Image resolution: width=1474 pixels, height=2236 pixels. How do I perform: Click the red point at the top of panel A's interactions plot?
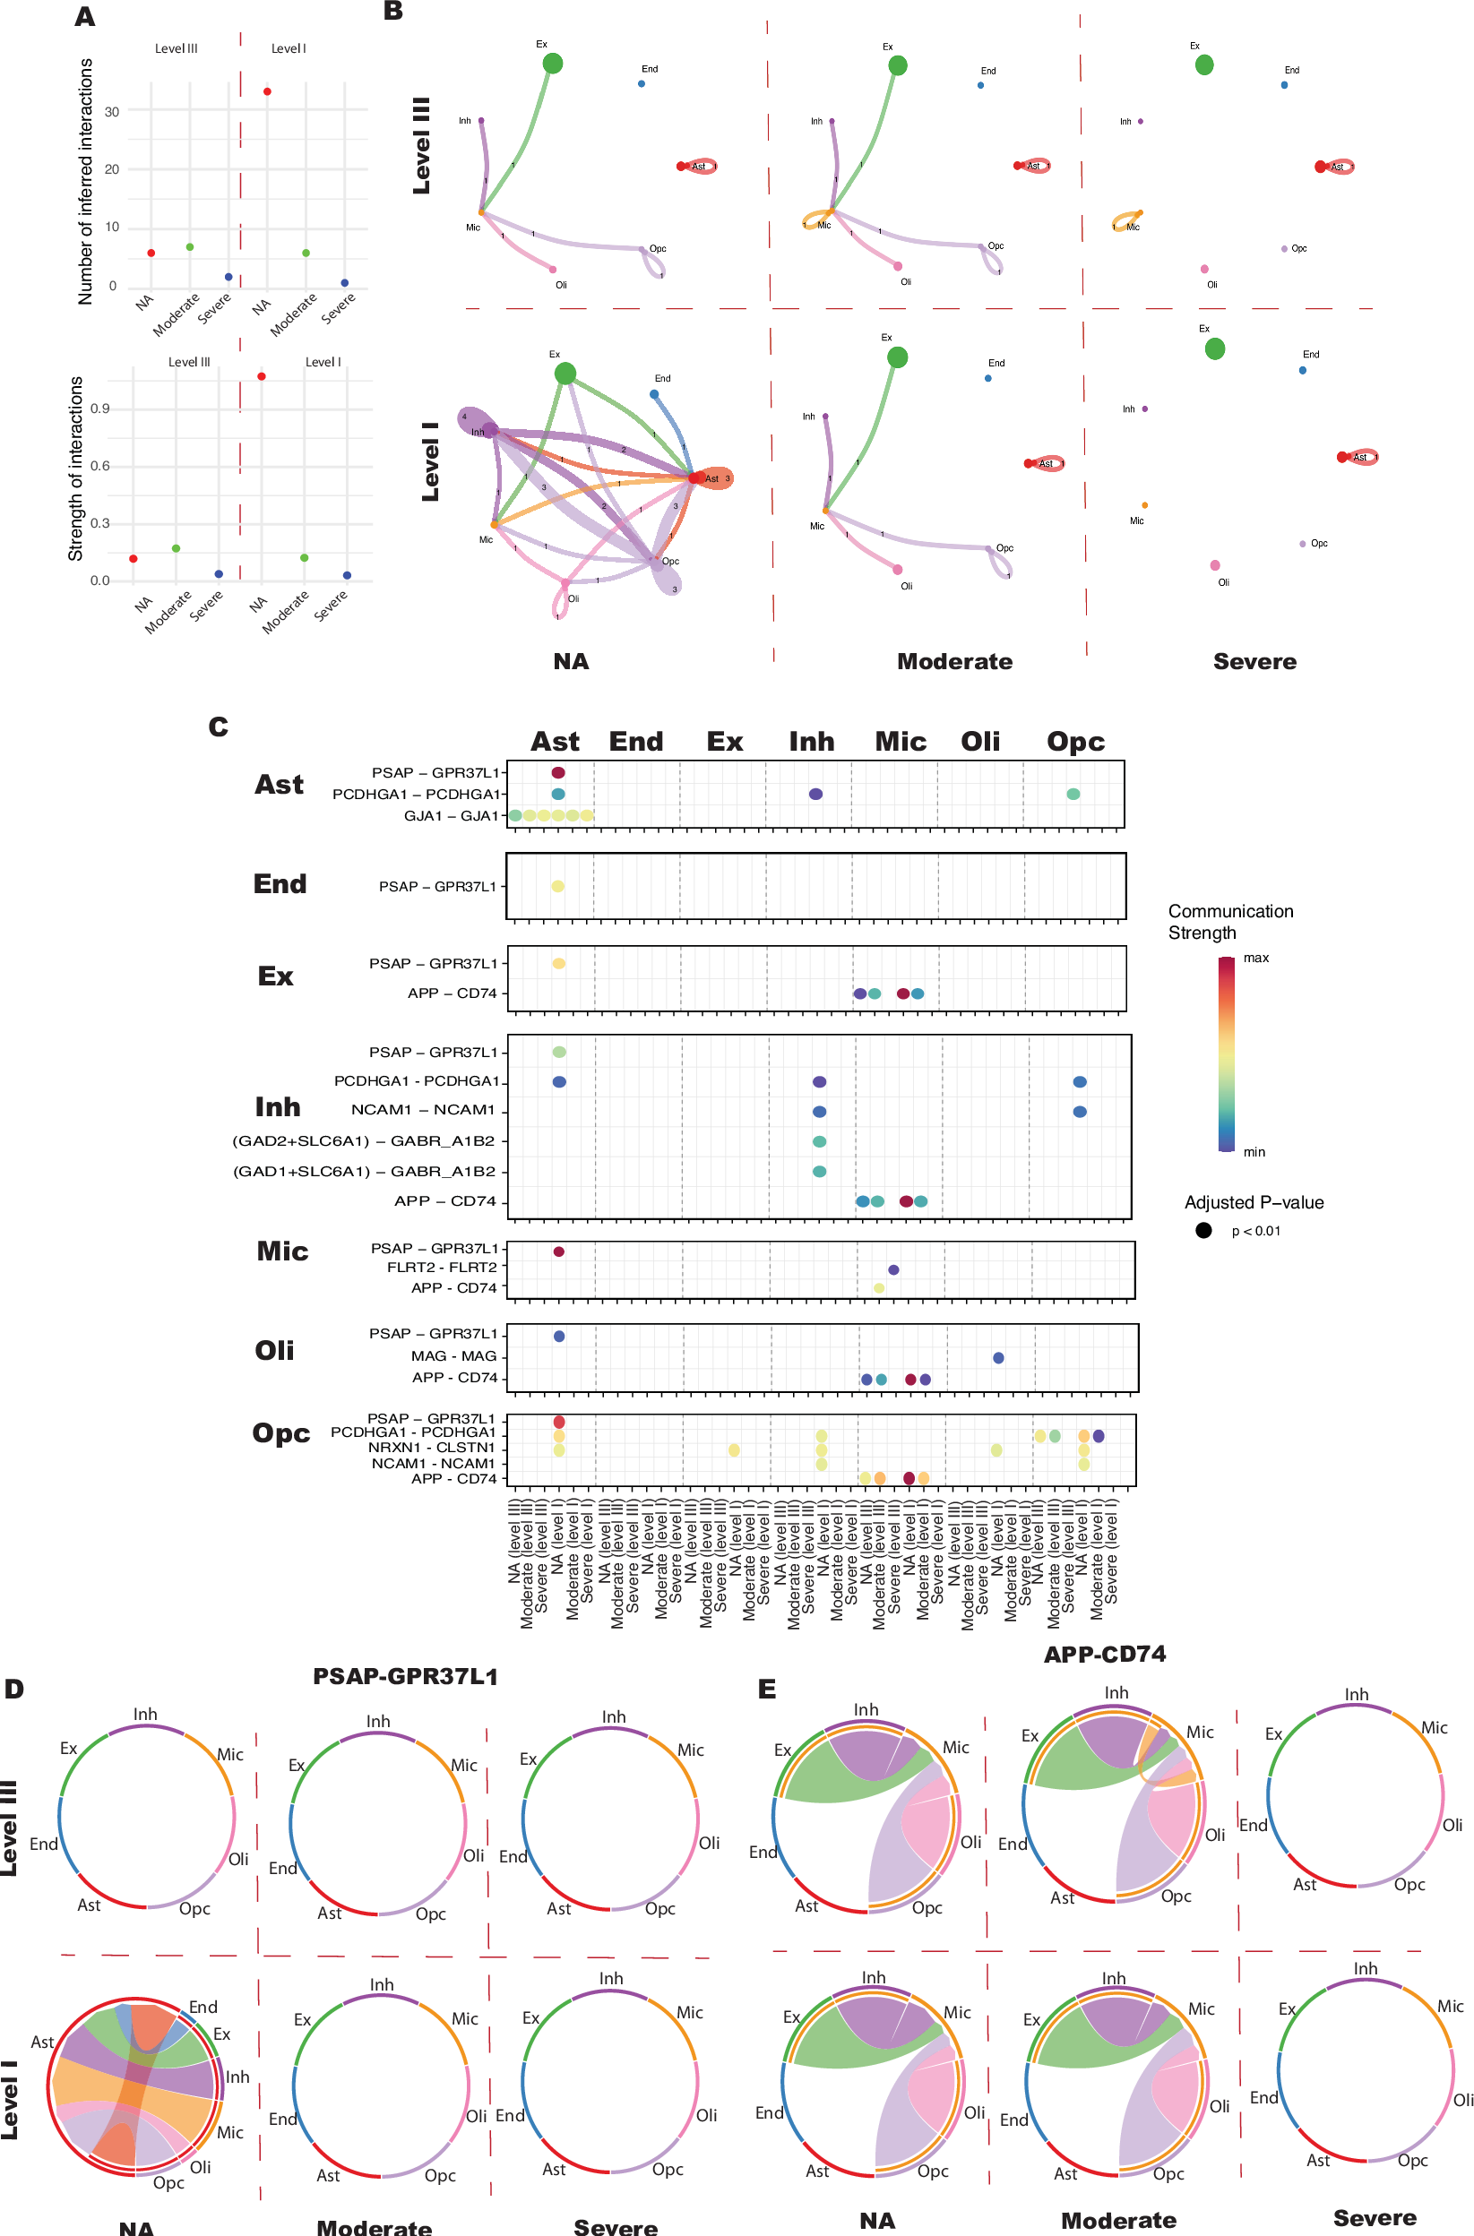point(268,91)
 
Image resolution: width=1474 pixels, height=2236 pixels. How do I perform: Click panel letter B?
point(394,12)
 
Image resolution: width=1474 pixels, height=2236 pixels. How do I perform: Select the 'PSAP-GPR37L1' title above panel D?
point(405,1677)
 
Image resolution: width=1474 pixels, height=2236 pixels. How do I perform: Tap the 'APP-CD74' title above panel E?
point(1105,1655)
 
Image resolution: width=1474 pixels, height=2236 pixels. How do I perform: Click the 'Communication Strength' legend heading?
point(1229,922)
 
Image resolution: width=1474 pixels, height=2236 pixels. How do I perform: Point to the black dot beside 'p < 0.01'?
point(1203,1230)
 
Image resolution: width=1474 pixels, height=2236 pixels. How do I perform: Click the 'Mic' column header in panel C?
point(900,742)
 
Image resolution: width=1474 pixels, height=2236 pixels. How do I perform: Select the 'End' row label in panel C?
point(280,883)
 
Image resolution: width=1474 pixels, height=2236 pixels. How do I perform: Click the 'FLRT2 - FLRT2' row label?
point(442,1267)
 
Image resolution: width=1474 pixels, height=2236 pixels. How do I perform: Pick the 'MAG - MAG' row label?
point(453,1355)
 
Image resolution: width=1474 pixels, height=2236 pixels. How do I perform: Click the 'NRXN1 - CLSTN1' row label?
point(432,1448)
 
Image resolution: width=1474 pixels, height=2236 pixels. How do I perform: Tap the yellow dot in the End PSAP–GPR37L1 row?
point(557,886)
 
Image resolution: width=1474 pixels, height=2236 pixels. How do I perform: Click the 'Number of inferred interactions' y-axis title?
point(85,181)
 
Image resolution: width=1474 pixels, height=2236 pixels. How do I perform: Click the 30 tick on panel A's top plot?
point(112,112)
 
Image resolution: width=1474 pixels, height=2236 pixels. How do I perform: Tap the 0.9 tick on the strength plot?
point(99,408)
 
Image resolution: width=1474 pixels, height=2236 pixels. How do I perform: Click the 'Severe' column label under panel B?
point(1254,662)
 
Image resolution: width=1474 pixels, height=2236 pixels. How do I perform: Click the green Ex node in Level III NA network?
point(553,63)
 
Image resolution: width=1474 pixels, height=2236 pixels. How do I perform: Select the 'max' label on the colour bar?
point(1256,958)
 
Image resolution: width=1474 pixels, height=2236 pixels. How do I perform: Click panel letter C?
point(218,727)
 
